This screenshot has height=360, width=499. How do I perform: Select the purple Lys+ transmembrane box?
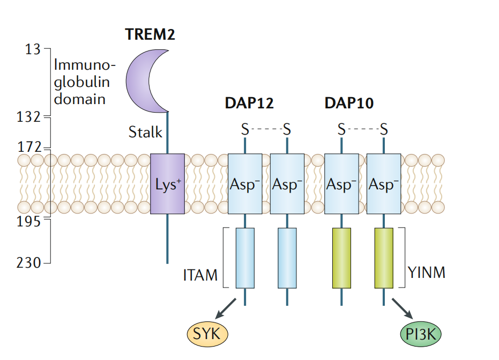click(x=167, y=184)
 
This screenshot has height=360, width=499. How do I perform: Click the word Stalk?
click(x=145, y=132)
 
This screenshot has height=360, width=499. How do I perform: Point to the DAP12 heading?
click(x=249, y=103)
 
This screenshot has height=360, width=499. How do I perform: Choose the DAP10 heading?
click(x=349, y=103)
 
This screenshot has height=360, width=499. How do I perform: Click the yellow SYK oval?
click(x=207, y=334)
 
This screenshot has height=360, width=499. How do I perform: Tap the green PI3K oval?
click(x=421, y=334)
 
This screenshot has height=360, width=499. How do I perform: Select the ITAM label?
click(x=200, y=275)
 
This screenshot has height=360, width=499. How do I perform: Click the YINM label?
click(x=426, y=273)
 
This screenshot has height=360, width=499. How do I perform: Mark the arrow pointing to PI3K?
click(x=402, y=309)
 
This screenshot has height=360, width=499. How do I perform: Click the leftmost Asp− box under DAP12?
click(x=245, y=184)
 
